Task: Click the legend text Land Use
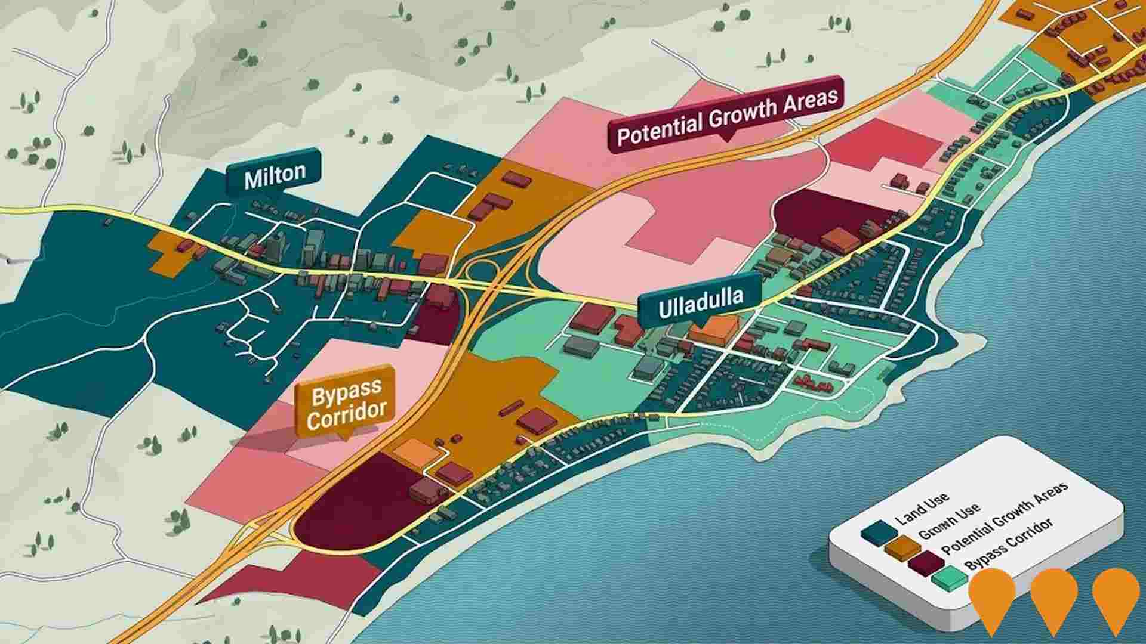click(x=922, y=510)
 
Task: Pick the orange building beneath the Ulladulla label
click(x=714, y=330)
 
